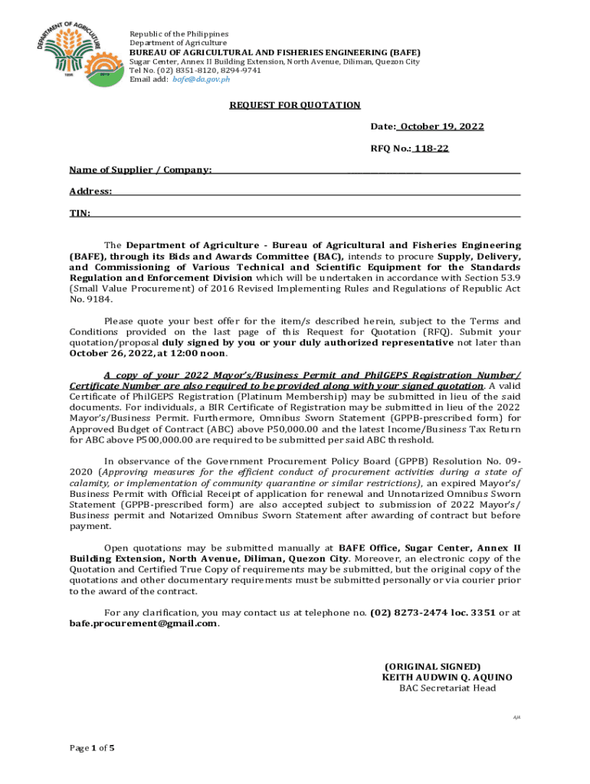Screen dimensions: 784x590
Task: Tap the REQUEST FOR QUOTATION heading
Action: tap(295, 105)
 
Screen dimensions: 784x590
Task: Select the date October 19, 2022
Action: tap(441, 126)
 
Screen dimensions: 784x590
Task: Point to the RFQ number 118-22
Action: tap(431, 149)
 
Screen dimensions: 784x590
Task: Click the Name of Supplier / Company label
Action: tap(140, 169)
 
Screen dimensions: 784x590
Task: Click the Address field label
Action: tap(90, 191)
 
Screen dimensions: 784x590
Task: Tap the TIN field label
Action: tap(80, 213)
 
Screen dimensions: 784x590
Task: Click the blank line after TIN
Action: tap(306, 214)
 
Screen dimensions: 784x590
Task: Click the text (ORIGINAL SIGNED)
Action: tap(432, 667)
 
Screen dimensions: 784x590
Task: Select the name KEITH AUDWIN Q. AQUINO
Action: tap(447, 678)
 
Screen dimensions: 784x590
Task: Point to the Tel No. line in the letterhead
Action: tap(195, 70)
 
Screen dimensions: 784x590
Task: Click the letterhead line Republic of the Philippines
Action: tap(179, 34)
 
